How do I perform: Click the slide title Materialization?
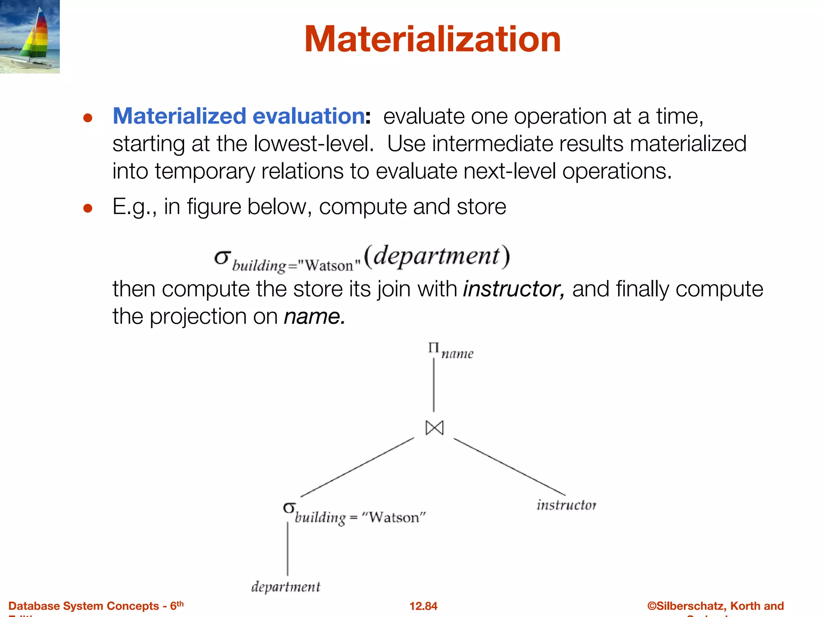point(432,39)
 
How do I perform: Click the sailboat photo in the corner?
point(30,36)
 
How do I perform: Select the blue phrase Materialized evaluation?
point(239,116)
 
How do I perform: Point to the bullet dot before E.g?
point(88,208)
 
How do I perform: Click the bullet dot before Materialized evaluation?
point(88,118)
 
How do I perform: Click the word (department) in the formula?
point(437,256)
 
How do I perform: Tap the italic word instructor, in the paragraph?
point(514,289)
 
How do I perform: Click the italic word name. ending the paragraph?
point(314,317)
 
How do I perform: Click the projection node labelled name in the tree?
point(450,351)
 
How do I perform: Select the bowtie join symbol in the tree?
point(434,428)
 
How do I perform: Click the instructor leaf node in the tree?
point(566,505)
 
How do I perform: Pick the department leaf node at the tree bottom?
point(286,587)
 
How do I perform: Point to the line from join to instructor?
point(509,466)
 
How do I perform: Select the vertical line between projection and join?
point(434,384)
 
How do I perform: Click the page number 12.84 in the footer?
point(423,606)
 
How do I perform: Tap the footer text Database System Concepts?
point(84,606)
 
